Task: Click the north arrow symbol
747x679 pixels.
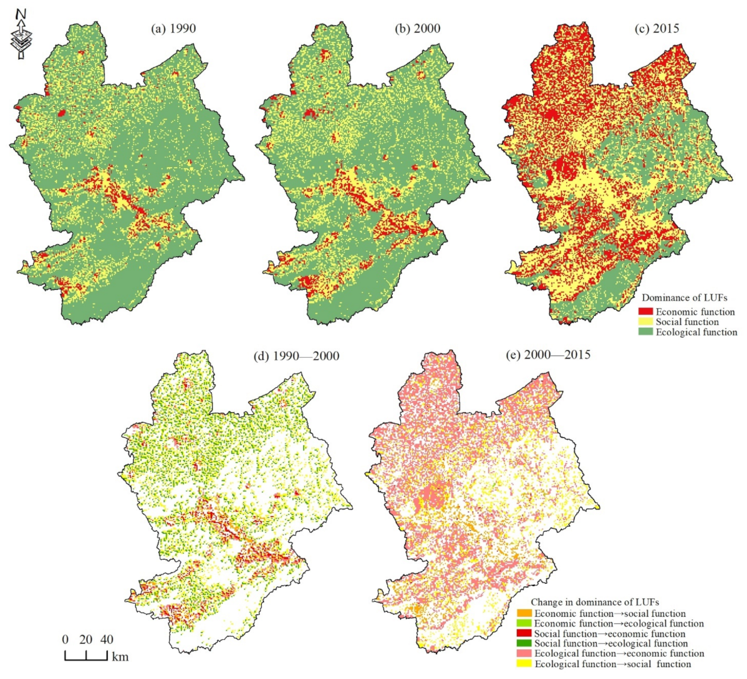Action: (x=21, y=34)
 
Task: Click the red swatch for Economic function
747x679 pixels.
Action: (x=645, y=312)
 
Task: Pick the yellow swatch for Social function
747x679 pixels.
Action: (x=645, y=322)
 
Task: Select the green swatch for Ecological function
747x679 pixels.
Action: (x=645, y=332)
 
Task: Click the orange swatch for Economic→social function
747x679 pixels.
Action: (x=524, y=614)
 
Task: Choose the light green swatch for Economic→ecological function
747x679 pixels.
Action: (x=524, y=624)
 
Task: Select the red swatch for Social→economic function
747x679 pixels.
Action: (x=524, y=633)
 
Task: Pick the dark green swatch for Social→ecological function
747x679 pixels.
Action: (x=524, y=643)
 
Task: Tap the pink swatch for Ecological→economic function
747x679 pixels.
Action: (x=524, y=653)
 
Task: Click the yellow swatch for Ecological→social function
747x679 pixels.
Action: (x=524, y=663)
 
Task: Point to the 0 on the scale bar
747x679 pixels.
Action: (x=65, y=640)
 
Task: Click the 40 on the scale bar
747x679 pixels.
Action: (x=107, y=640)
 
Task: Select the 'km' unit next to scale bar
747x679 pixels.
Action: (x=120, y=657)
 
